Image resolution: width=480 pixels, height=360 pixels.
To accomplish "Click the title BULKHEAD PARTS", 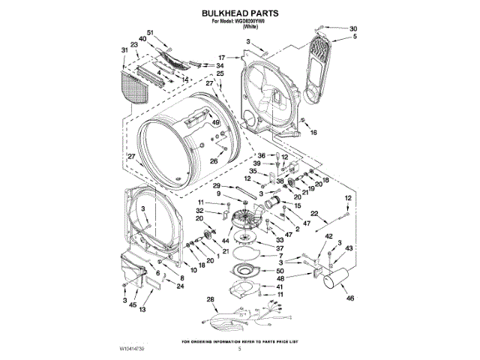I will (x=239, y=13).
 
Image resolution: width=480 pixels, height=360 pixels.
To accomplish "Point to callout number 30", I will (x=354, y=28).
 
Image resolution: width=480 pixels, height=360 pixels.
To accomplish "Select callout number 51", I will (x=150, y=32).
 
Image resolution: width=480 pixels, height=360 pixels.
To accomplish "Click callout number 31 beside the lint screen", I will (x=124, y=50).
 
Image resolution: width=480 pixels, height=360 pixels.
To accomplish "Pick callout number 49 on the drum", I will (x=215, y=123).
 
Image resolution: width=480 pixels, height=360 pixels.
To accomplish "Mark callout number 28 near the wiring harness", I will (x=211, y=300).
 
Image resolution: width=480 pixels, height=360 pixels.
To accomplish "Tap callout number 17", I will (x=221, y=57).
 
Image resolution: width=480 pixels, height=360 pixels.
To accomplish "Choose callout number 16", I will (x=313, y=133).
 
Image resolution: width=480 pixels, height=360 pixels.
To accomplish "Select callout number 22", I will (x=315, y=214).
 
